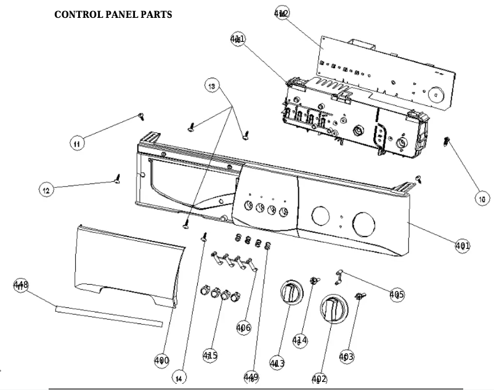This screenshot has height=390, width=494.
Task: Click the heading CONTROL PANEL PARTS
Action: coord(112,14)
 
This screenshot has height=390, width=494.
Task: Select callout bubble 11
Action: coord(76,144)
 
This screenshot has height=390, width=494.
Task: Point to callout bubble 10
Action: coord(481,198)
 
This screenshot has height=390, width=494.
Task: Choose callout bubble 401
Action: coord(462,246)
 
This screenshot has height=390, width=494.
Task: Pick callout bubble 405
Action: coord(397,294)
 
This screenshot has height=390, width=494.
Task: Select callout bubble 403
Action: coord(346,356)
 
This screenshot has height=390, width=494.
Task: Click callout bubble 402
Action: coord(319,378)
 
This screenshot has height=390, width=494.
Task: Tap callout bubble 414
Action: coord(300,339)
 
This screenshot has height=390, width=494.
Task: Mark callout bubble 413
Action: coord(277,364)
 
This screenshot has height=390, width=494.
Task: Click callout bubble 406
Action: coord(243,328)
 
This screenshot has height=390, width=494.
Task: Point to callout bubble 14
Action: coord(179,377)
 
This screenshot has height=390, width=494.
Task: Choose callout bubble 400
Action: coord(161,360)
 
